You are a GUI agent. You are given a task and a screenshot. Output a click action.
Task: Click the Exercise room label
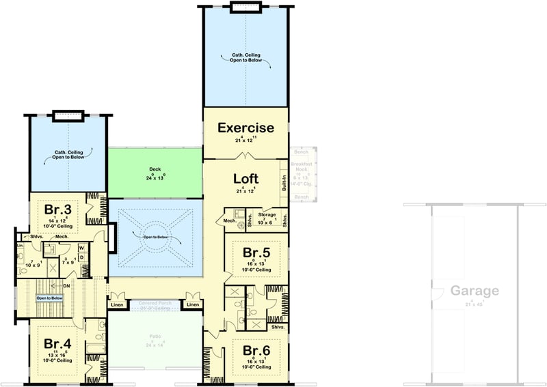pyautogui.click(x=245, y=128)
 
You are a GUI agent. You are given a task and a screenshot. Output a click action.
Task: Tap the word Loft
pyautogui.click(x=245, y=178)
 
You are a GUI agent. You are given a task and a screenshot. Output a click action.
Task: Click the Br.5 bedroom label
pyautogui.click(x=257, y=253)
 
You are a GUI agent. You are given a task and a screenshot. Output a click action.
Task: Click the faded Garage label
pyautogui.click(x=474, y=291)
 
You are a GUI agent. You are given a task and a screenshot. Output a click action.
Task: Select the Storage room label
pyautogui.click(x=267, y=215)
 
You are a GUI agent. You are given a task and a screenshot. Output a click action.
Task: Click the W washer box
pyautogui.click(x=81, y=248)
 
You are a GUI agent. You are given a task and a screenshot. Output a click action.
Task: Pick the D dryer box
pyautogui.click(x=81, y=257)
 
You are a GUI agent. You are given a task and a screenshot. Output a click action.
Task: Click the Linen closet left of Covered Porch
pyautogui.click(x=116, y=304)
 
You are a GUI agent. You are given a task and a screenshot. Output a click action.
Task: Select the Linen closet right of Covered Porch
pyautogui.click(x=193, y=304)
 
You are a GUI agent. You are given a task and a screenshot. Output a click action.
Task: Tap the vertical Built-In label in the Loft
pyautogui.click(x=284, y=183)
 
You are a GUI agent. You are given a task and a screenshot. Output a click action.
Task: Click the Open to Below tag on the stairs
pyautogui.click(x=50, y=298)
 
